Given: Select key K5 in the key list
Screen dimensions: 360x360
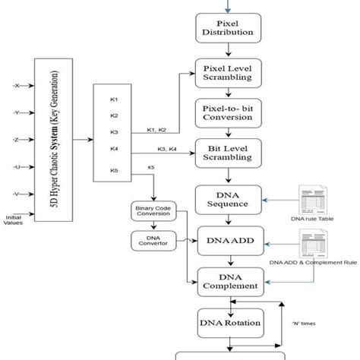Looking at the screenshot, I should coord(114,170).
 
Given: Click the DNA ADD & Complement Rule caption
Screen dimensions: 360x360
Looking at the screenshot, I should coord(313,262).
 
